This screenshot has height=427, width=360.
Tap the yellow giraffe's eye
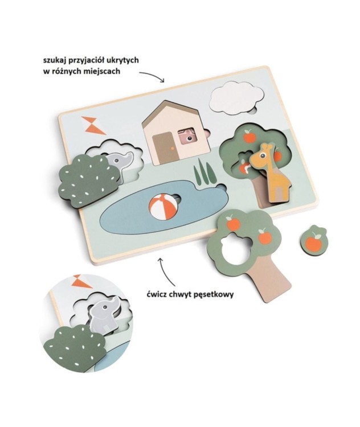coord(263,155)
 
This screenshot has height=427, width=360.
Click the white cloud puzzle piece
coord(237,97)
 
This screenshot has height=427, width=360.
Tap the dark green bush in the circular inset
coord(76,347)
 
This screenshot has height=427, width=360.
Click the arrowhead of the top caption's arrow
coord(163,80)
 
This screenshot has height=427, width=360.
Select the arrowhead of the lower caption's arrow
coord(161,260)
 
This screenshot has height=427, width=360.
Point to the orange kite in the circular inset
coord(81,281)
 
